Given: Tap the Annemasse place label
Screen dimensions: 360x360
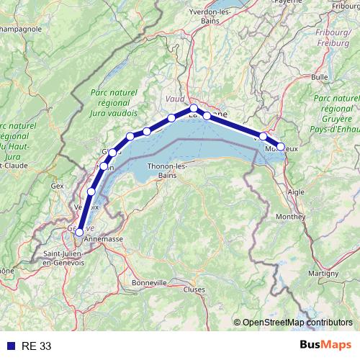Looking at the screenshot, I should pyautogui.click(x=104, y=238).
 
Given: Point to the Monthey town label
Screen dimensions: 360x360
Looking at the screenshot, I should pyautogui.click(x=290, y=216).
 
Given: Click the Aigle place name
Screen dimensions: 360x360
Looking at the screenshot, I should pyautogui.click(x=296, y=193).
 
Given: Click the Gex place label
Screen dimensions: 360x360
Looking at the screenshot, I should pyautogui.click(x=58, y=185).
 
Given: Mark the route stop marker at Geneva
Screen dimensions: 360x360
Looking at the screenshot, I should pyautogui.click(x=79, y=232).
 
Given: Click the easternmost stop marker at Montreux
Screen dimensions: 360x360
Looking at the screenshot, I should pyautogui.click(x=281, y=146).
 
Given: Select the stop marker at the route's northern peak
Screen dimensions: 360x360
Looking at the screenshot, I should pyautogui.click(x=194, y=109).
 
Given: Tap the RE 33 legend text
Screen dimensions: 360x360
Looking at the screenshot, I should pyautogui.click(x=36, y=346).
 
